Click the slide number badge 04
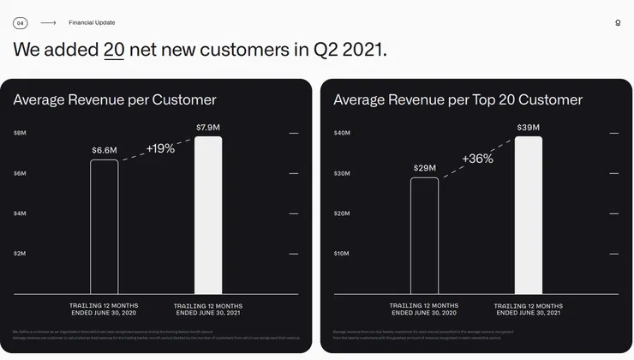(x=20, y=23)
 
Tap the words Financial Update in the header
(x=92, y=23)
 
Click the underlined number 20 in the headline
(x=114, y=50)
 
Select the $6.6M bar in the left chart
(x=105, y=227)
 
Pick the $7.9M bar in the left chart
(x=208, y=215)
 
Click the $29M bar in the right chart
(x=424, y=236)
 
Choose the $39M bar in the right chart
(x=528, y=215)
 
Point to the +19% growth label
(x=160, y=148)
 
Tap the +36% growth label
(x=477, y=159)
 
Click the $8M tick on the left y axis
(x=20, y=133)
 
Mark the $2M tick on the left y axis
(x=20, y=254)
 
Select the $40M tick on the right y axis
(x=342, y=133)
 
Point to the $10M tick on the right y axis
(x=341, y=254)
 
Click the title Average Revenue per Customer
(x=115, y=99)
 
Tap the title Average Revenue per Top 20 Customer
(x=458, y=99)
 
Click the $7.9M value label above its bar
(x=208, y=128)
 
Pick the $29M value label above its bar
(x=424, y=168)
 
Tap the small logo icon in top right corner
(x=618, y=23)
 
